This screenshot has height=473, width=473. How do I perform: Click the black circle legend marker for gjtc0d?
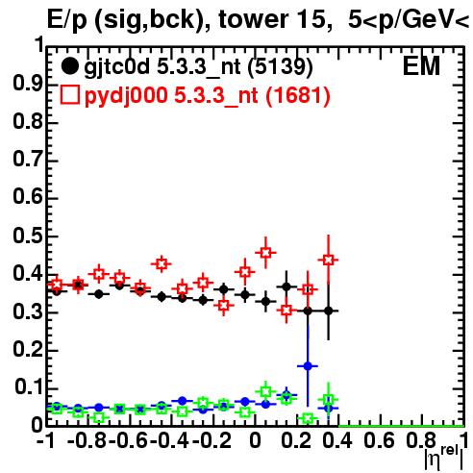(69, 66)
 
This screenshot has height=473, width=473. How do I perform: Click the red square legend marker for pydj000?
(69, 94)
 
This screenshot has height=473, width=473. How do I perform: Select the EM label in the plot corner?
(421, 66)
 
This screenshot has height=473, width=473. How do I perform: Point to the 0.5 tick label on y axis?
(28, 236)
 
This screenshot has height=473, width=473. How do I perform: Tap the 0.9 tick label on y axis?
(28, 85)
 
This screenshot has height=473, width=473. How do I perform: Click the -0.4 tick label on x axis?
(169, 441)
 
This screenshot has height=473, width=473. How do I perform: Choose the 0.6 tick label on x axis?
(379, 441)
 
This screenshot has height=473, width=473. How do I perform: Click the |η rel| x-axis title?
(443, 458)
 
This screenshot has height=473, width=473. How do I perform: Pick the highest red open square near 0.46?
(265, 253)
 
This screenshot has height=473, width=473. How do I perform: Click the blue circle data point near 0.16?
(308, 366)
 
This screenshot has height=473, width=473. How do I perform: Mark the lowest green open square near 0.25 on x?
(308, 418)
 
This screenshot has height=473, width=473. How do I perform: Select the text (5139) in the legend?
(281, 67)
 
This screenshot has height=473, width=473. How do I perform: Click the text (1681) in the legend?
(298, 95)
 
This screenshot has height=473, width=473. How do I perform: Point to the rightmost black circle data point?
(328, 311)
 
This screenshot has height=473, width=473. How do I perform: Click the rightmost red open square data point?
(328, 260)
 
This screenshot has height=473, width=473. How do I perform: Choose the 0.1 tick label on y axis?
(29, 387)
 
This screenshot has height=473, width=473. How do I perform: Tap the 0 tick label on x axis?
(255, 441)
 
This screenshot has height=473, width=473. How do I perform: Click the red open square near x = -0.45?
(162, 264)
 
